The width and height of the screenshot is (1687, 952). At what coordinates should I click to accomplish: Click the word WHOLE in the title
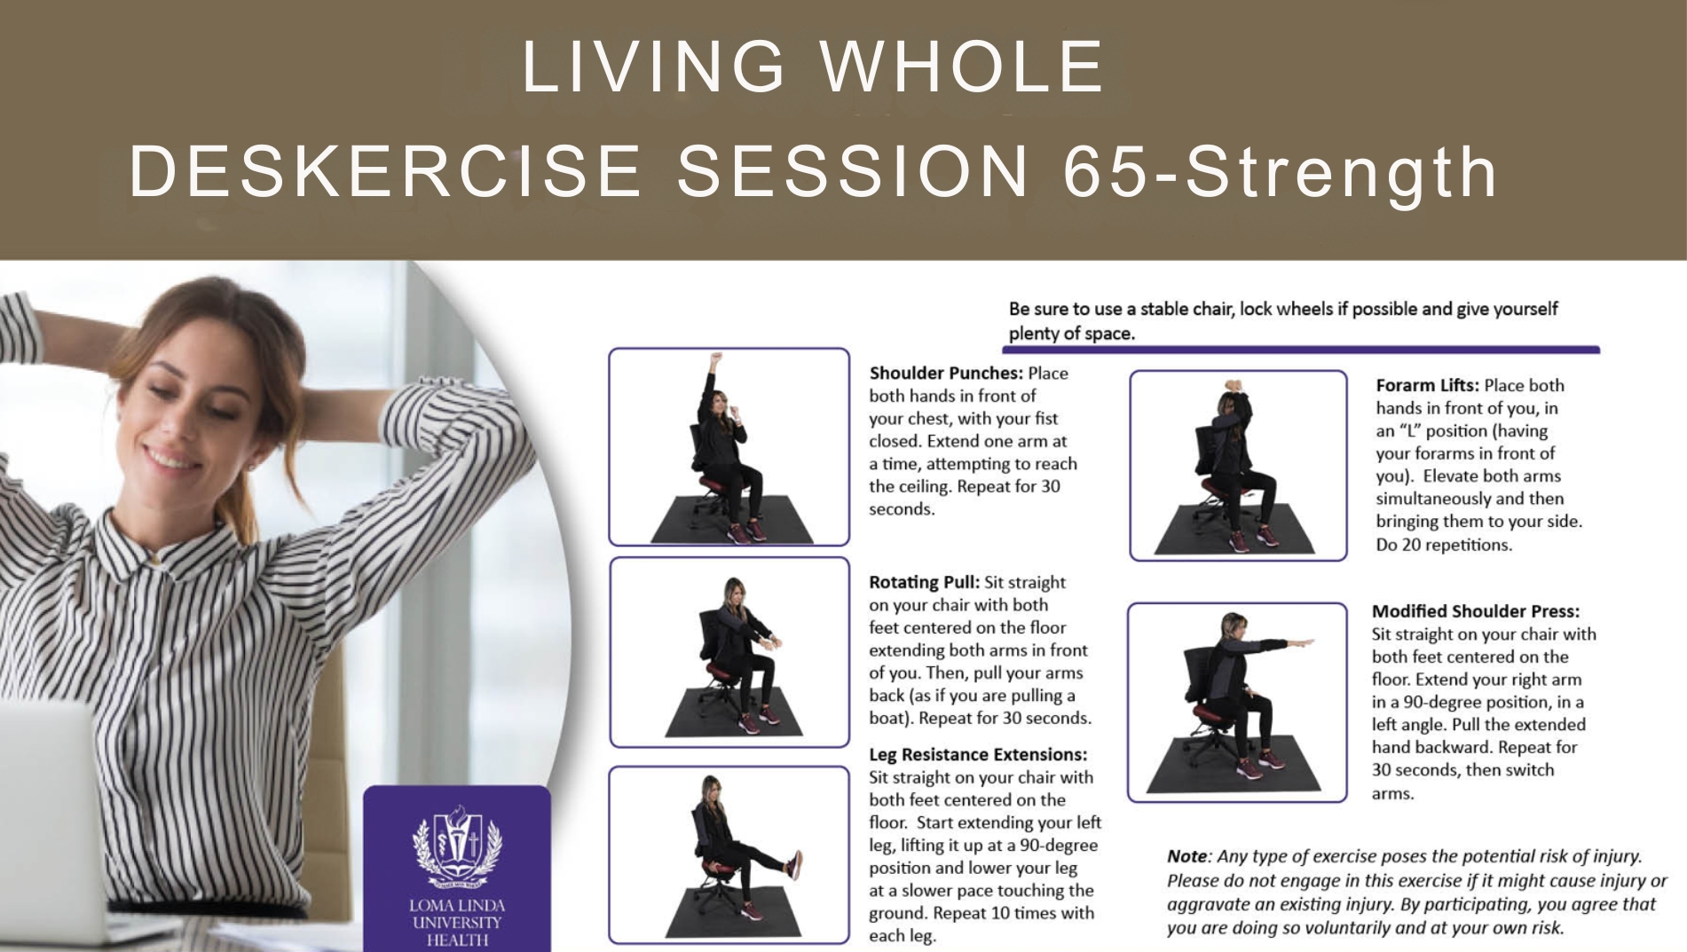pos(963,67)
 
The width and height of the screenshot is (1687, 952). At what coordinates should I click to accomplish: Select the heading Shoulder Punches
pos(946,374)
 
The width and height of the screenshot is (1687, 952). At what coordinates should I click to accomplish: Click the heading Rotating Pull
pos(924,582)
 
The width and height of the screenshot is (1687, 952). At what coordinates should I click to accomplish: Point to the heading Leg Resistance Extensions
pos(978,754)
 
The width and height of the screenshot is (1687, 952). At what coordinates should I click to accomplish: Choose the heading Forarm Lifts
pos(1427,385)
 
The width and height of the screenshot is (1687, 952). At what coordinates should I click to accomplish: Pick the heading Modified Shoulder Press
pos(1476,611)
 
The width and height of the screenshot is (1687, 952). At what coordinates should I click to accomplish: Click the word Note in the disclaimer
pos(1186,856)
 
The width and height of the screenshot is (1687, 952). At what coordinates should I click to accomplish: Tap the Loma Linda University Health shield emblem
pos(457,846)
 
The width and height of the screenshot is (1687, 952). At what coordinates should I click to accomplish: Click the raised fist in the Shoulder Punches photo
pos(715,358)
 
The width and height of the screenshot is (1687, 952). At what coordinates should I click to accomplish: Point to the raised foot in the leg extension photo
pos(795,864)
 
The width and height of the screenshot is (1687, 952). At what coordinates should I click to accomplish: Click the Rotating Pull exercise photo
pos(729,652)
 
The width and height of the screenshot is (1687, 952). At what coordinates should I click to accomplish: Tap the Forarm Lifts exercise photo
pos(1238,466)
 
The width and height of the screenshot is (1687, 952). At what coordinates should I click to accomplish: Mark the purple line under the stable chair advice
pos(1302,350)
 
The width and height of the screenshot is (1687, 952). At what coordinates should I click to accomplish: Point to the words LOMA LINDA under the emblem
pos(457,906)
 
